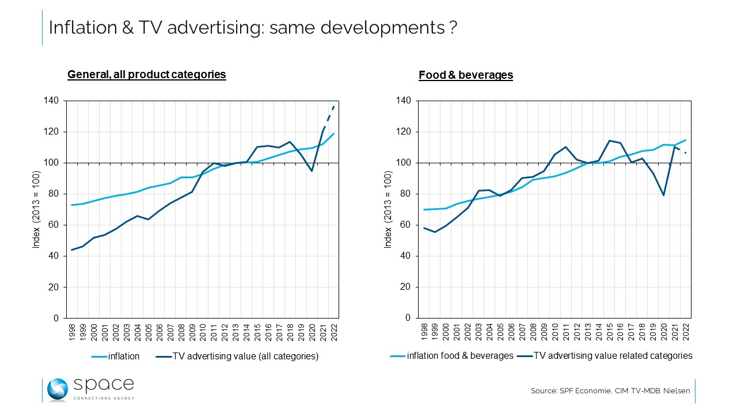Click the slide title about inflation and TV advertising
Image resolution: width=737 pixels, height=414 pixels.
pos(253,28)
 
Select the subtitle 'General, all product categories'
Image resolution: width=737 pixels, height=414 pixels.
pos(147,75)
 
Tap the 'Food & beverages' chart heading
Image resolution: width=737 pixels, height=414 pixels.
pos(466,75)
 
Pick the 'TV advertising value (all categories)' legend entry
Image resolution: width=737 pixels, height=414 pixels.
pos(237,356)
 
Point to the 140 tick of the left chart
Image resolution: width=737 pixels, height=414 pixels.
pos(52,101)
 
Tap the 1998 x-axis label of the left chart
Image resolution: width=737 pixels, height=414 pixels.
pos(72,333)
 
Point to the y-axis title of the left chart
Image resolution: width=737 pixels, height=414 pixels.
pos(36,209)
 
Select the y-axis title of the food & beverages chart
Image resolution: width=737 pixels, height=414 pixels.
pos(389,209)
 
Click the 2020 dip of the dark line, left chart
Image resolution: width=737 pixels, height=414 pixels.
pos(311,171)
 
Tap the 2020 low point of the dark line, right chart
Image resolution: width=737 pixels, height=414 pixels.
pos(664,195)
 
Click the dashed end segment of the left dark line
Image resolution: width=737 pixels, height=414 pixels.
pos(328,118)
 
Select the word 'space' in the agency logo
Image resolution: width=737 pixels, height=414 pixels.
pos(104,385)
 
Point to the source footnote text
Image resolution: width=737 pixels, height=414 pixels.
pos(610,391)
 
